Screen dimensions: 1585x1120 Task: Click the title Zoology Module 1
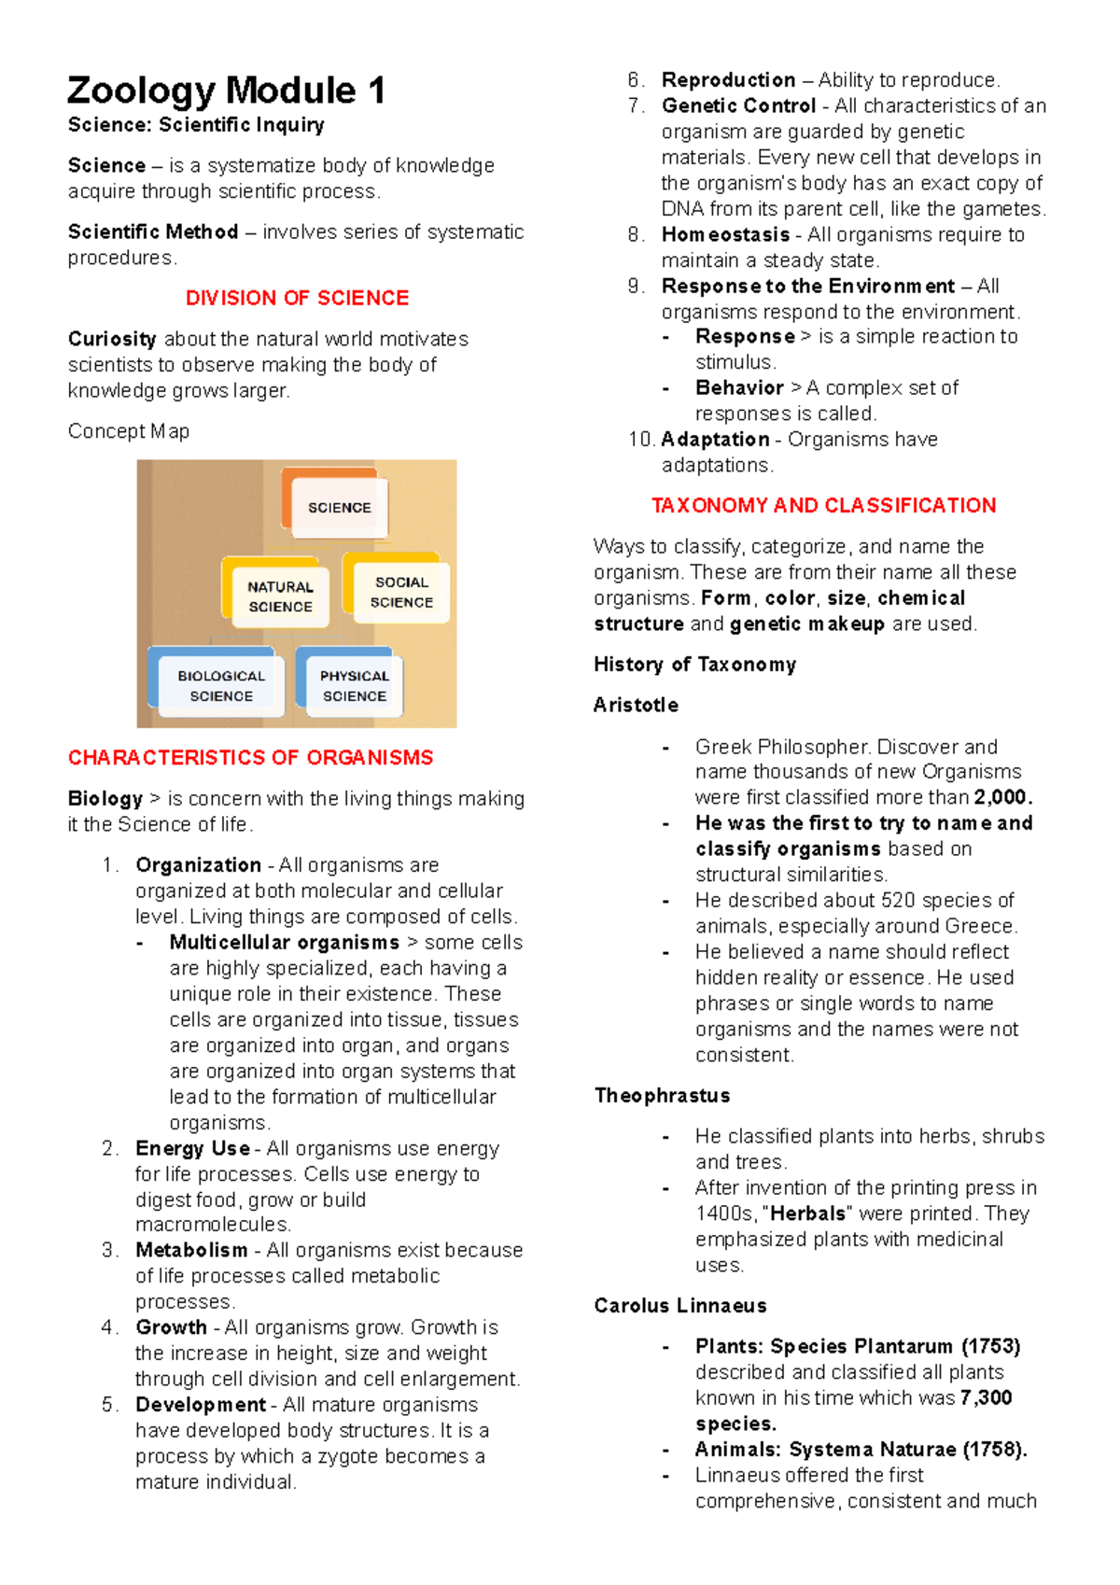coord(226,91)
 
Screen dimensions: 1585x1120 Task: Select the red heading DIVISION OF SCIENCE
coord(297,298)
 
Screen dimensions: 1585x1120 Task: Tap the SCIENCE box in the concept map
coord(339,508)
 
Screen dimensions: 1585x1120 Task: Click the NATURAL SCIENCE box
coord(280,596)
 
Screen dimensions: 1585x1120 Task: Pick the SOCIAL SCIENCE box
coord(401,592)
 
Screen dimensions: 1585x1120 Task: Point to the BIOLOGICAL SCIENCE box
coord(221,686)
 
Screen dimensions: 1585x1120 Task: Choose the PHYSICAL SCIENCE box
coord(354,686)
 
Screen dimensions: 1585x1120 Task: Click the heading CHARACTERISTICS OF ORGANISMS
coord(250,757)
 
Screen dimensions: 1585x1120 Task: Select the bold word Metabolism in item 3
coord(191,1250)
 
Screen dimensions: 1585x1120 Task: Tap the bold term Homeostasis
coord(725,234)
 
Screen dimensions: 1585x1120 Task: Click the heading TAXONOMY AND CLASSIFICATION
coord(823,505)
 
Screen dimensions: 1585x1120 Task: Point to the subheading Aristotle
coord(636,705)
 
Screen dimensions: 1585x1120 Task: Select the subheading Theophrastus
coord(662,1095)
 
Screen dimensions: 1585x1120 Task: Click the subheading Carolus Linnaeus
coord(679,1305)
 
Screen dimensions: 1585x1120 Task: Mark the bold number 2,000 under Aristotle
coord(1002,797)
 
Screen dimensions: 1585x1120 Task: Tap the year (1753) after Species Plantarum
coord(990,1346)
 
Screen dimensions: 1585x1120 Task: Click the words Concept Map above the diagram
coord(128,431)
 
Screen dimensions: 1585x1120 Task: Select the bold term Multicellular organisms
coord(284,942)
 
